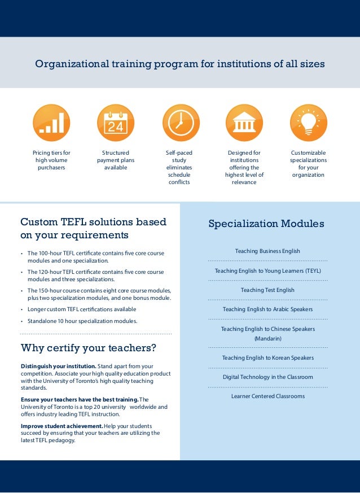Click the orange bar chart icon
point(51,123)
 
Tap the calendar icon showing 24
point(116,123)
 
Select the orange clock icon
point(181,123)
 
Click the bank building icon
point(244,123)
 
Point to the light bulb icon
point(308,123)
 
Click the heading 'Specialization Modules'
point(266,224)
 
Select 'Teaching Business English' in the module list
point(267,251)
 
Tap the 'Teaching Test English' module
point(267,290)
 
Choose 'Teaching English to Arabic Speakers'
point(267,309)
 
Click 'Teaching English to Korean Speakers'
point(267,357)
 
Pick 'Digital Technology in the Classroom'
point(267,377)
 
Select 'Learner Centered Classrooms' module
point(267,396)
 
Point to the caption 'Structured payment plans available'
point(116,160)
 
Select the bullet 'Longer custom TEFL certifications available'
point(82,309)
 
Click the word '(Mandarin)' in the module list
point(267,338)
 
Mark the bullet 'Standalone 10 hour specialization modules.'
point(82,321)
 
